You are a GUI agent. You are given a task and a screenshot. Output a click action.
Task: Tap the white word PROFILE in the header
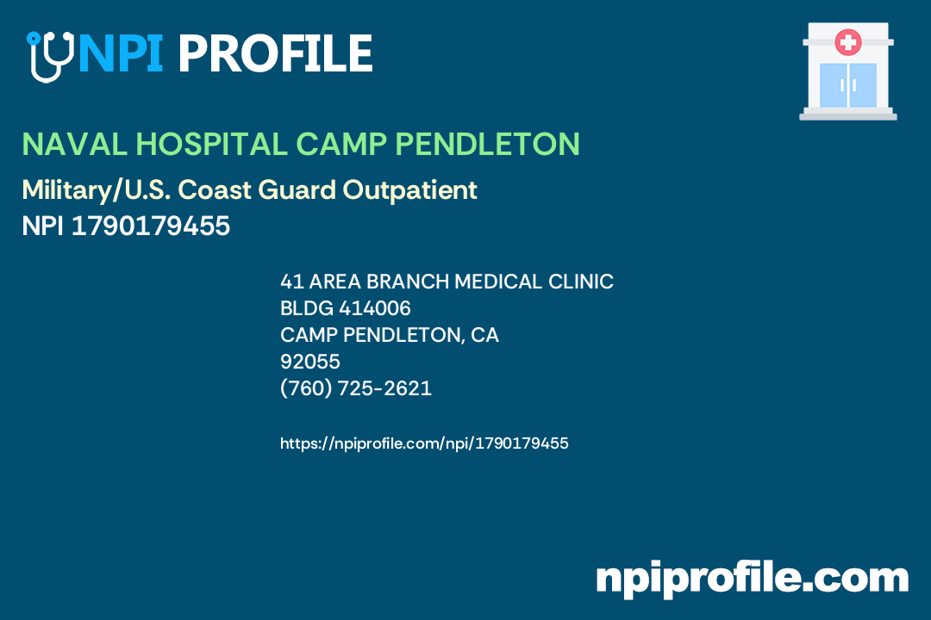pos(275,53)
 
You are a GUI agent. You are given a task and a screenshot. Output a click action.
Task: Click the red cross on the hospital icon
pos(848,40)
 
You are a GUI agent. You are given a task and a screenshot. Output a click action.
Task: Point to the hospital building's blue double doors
pos(848,84)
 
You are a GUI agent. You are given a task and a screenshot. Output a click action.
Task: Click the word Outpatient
pos(410,190)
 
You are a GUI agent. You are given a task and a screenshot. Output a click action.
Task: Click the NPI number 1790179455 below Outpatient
pos(151,226)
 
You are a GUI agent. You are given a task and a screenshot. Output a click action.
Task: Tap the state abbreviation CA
pos(485,335)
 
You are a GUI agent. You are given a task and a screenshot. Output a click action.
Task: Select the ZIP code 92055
pos(310,362)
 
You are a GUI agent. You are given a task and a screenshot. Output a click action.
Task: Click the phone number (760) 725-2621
pos(356,388)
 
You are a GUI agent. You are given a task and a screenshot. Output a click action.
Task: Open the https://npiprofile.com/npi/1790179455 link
pos(424,443)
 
